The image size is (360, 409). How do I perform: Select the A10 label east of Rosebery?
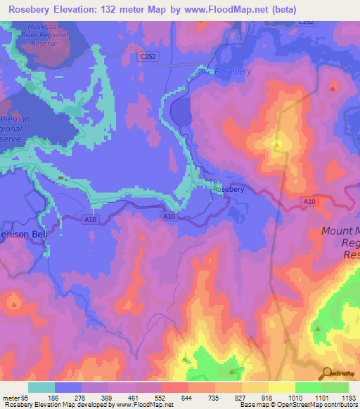309,201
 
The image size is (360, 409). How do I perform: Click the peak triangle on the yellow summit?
277,145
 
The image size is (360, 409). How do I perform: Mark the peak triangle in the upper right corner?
333,87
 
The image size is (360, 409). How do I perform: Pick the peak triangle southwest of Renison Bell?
14,304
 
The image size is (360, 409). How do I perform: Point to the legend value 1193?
347,398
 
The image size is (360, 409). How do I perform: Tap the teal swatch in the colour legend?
41,387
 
